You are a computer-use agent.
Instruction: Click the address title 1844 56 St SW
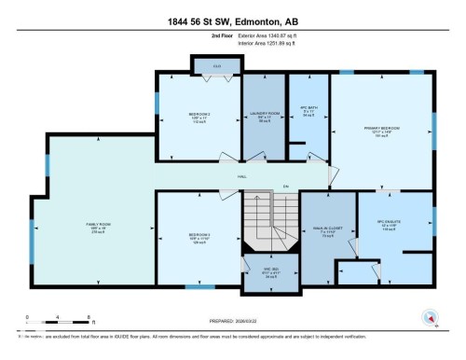tap(233, 15)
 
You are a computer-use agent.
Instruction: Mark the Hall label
tap(240, 175)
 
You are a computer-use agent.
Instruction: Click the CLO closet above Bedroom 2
tap(216, 65)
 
